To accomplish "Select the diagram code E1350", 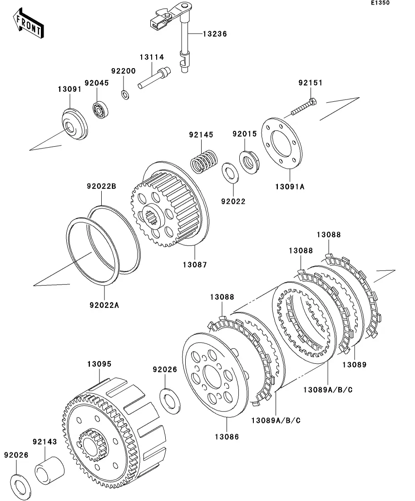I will [380, 3].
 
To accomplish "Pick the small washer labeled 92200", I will [125, 94].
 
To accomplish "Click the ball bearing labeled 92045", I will [99, 109].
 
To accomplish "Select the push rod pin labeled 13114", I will [153, 79].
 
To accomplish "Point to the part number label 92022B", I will [102, 186].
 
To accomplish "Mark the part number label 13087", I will [195, 264].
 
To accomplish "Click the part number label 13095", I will [99, 364].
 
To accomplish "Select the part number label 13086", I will [226, 437].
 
